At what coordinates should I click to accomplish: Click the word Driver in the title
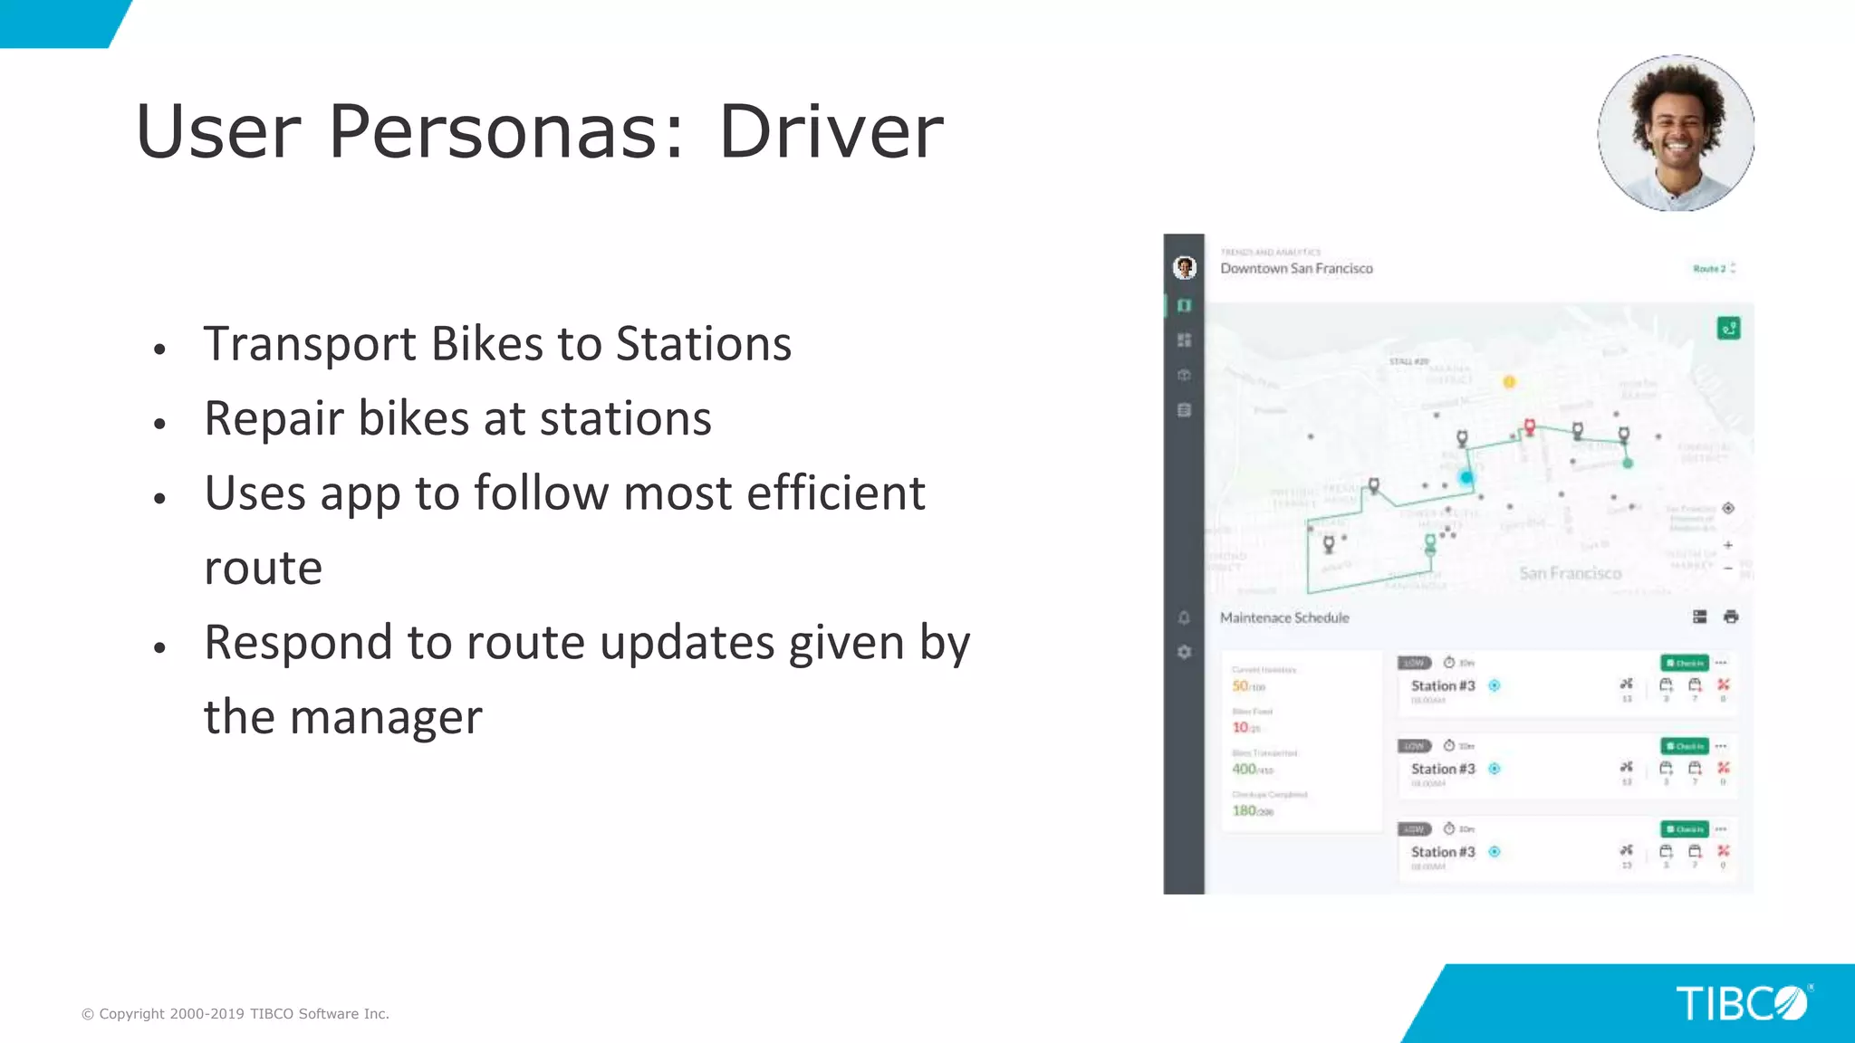click(831, 132)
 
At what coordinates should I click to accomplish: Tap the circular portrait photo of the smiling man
click(1676, 133)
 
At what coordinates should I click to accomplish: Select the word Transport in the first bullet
click(310, 344)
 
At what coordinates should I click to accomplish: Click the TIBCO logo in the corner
click(1742, 1003)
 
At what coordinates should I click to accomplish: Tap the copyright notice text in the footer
click(235, 1014)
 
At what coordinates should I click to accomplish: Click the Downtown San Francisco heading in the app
click(1296, 269)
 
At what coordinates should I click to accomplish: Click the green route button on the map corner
click(1728, 329)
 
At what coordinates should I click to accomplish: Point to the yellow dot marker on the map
click(1509, 382)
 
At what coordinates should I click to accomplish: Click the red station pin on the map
click(1530, 426)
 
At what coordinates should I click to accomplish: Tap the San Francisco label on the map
click(1570, 573)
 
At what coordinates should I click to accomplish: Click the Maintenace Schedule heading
click(1284, 617)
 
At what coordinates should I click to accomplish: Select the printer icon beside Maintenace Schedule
click(1731, 617)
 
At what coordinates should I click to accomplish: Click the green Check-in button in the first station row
click(1684, 663)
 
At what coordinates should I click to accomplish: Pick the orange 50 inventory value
click(1240, 685)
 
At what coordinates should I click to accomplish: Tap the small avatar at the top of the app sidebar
click(1184, 268)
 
